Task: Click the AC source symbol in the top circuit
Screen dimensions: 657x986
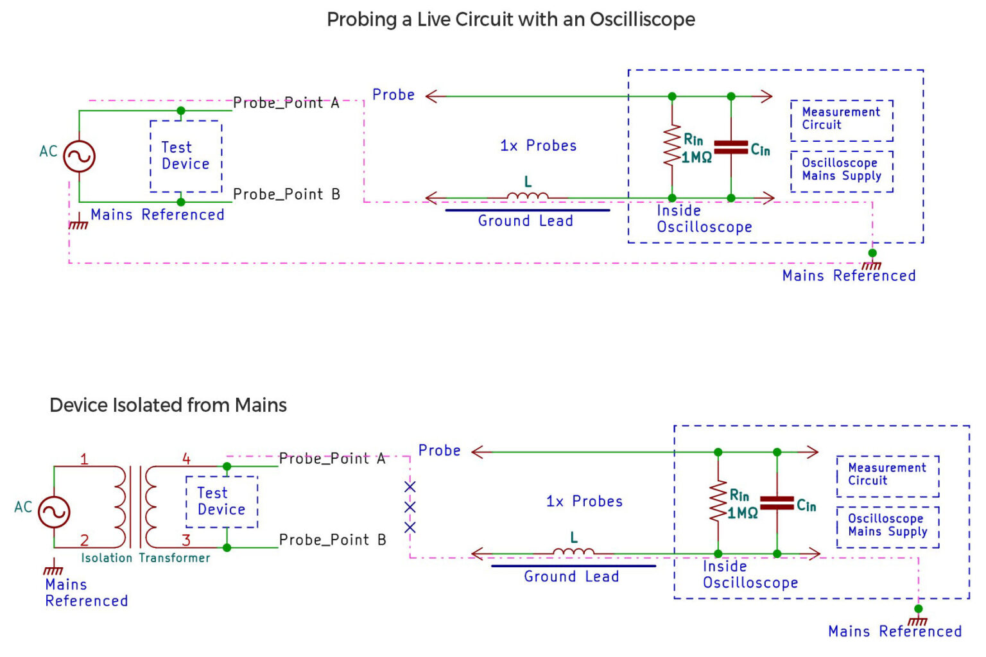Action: [79, 156]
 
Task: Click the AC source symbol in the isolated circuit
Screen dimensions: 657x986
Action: [54, 512]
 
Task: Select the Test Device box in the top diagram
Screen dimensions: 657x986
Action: [186, 156]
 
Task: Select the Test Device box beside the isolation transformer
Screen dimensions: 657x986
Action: [221, 501]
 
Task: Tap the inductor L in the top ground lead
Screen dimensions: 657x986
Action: [528, 195]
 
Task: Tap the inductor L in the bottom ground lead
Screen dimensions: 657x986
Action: [573, 550]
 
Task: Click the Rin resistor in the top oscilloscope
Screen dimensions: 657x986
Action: [672, 146]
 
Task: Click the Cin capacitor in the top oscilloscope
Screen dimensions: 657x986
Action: [731, 148]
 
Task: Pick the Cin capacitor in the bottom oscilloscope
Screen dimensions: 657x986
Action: [777, 503]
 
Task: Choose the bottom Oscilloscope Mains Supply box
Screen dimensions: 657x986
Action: [888, 526]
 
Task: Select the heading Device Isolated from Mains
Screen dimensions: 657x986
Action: [168, 405]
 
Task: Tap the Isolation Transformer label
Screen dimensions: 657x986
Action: [146, 558]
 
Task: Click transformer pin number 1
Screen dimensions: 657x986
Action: [84, 459]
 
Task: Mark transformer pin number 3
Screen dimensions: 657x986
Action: [186, 540]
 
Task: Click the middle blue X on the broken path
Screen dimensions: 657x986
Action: [410, 507]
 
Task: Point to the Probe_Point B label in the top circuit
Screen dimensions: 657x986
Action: [286, 194]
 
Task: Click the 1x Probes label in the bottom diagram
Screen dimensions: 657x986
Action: [584, 501]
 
